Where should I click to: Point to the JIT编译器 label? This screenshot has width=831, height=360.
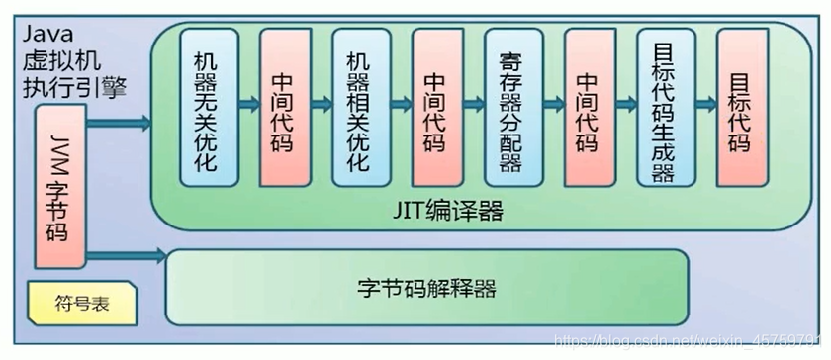click(445, 211)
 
